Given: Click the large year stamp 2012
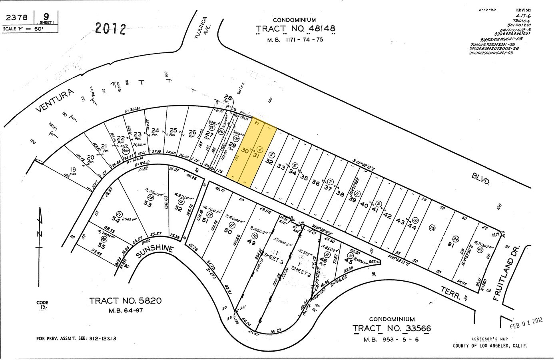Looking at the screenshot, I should coord(111,29).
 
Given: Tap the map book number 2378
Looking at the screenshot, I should coord(17,17).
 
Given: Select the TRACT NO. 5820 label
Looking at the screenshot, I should coord(126,300).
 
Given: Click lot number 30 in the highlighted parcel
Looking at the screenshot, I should coord(245,151).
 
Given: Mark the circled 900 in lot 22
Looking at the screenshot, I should coord(126,151).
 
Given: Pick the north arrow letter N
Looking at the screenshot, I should coord(40,235).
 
